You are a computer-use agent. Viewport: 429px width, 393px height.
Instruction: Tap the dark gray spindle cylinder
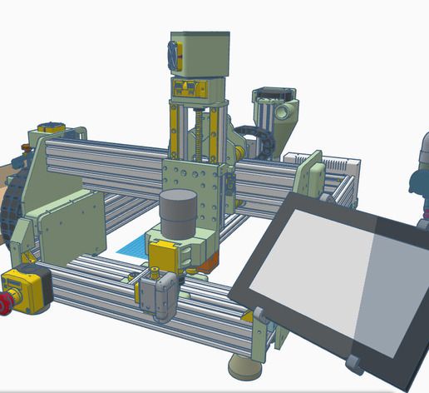tap(177, 213)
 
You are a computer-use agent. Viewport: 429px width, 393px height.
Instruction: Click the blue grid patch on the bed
tap(132, 247)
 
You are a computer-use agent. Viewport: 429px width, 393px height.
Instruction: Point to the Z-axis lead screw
tap(200, 132)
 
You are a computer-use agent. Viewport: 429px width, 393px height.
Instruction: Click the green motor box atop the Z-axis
tap(200, 54)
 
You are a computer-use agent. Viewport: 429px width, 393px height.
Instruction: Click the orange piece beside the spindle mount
tap(209, 262)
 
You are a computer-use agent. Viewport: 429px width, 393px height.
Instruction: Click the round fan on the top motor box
tap(175, 54)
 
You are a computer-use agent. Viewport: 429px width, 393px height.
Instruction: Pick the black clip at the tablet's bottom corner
tap(356, 362)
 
